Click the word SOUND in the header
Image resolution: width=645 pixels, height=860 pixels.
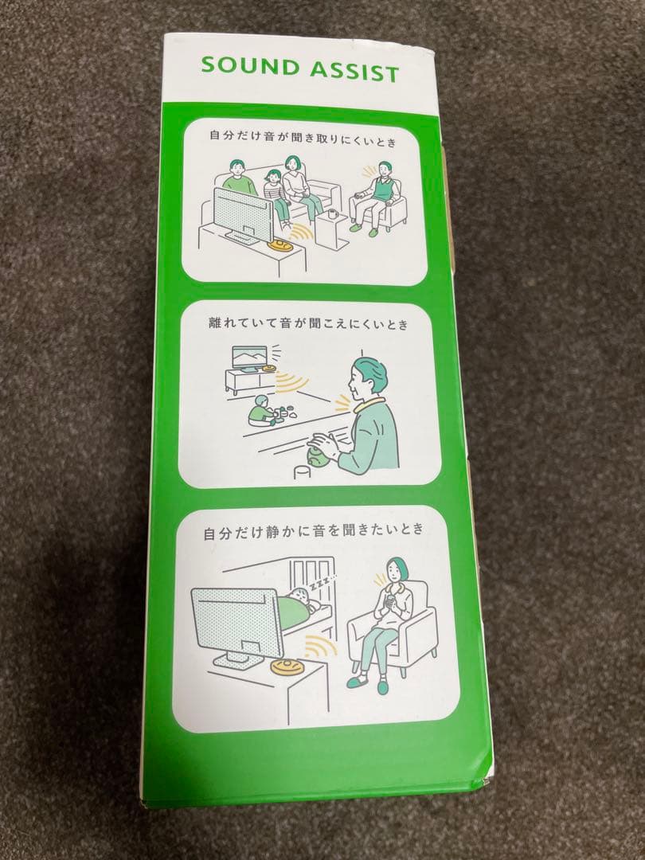tap(250, 67)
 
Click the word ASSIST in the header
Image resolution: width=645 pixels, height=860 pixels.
tap(354, 72)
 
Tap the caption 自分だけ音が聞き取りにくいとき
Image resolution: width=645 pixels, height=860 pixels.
tap(303, 139)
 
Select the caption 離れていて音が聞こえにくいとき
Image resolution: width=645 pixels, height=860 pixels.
tap(308, 323)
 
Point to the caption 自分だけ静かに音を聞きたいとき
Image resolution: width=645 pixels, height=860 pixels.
tap(313, 531)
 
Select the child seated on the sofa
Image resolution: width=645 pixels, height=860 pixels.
tap(276, 197)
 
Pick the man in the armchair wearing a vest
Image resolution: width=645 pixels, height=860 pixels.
tap(378, 197)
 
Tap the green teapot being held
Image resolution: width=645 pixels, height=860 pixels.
tap(316, 451)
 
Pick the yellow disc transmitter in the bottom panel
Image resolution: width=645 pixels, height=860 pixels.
tap(289, 667)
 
